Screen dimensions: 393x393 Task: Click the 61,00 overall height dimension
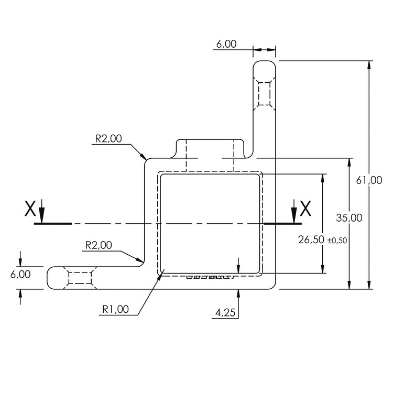(x=369, y=180)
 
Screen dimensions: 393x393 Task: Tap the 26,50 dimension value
(x=310, y=240)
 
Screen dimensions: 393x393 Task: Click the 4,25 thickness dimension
(x=225, y=313)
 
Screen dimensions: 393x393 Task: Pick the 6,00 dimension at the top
(x=226, y=44)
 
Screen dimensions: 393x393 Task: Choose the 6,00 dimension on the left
(x=20, y=274)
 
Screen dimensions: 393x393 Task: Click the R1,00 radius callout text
(x=115, y=309)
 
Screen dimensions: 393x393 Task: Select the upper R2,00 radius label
(x=108, y=139)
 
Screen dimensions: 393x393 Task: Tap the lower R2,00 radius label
(x=98, y=245)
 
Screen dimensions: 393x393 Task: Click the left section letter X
(x=30, y=209)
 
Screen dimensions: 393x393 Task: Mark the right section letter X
(x=305, y=209)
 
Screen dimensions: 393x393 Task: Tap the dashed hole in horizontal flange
(x=80, y=277)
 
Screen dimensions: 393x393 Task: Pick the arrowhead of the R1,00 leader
(x=162, y=272)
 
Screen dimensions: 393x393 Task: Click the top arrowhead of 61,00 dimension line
(x=370, y=65)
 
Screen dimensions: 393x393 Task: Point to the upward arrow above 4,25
(x=238, y=293)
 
